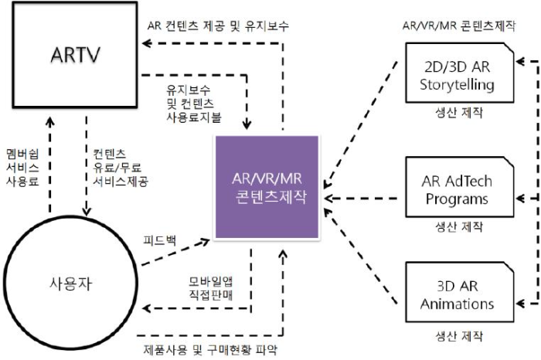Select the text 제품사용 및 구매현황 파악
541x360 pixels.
208,348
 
